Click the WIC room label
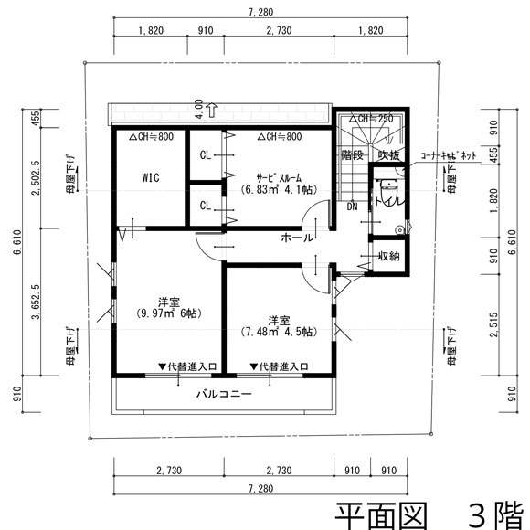[151, 177]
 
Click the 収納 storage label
[388, 256]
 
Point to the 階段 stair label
[353, 155]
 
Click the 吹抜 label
[388, 155]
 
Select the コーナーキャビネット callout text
[449, 156]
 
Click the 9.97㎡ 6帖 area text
[167, 313]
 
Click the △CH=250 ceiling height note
[370, 119]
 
